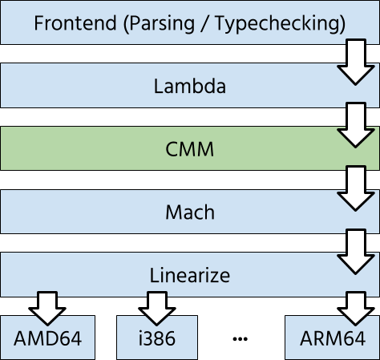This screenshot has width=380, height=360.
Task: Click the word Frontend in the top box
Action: point(75,23)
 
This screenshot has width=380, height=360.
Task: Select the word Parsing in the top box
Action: point(162,24)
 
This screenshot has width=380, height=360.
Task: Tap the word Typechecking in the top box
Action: point(277,24)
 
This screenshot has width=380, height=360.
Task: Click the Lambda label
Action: point(190,86)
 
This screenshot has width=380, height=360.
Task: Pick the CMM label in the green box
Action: point(190,149)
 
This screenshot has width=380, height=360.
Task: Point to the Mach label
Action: point(190,212)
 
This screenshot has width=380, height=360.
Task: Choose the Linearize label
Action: point(190,275)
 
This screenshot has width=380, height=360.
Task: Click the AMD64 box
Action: point(47,338)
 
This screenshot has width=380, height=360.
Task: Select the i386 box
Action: point(157,338)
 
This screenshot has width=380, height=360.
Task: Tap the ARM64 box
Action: point(333,338)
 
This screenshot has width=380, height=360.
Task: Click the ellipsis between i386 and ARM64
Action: point(241,339)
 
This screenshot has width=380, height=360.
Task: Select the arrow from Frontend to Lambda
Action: point(356,62)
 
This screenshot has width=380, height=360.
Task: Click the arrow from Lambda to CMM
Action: point(356,125)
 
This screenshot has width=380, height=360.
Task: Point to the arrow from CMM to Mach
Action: point(356,188)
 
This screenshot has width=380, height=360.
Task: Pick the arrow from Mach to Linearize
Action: point(356,252)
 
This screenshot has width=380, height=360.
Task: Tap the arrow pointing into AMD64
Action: point(47,309)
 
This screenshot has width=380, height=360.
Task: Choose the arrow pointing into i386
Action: point(157,309)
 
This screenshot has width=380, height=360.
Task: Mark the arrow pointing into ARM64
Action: point(356,309)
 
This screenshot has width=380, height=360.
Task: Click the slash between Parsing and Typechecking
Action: point(205,23)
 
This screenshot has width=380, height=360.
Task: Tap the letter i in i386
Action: point(141,338)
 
